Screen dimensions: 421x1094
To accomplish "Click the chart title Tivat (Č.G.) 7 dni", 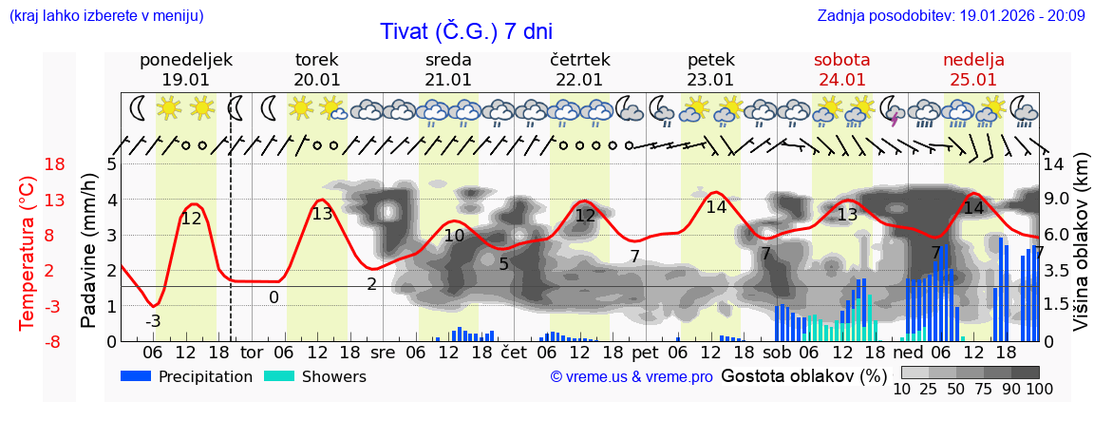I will [x=466, y=31].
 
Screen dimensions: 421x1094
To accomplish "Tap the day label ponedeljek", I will [x=185, y=60].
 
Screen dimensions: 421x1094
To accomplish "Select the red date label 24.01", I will [x=841, y=80].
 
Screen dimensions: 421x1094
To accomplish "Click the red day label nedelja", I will [x=973, y=60].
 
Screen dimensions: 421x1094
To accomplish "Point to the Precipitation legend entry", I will [x=186, y=376].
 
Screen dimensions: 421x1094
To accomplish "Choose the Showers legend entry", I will [x=314, y=376].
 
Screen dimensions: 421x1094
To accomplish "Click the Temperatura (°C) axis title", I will [x=28, y=253].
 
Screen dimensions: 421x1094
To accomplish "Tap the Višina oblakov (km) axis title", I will [x=1081, y=253].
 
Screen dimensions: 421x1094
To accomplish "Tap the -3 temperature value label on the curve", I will [x=153, y=321].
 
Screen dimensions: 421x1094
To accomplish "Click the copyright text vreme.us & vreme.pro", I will [x=632, y=376].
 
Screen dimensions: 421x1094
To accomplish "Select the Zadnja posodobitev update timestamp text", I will [x=951, y=16].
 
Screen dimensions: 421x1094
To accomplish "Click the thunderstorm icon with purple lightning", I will [x=894, y=110].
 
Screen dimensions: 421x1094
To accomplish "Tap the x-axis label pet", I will [x=645, y=353].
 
